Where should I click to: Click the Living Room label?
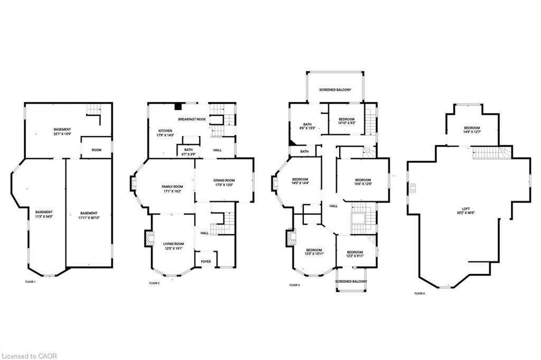tap(173, 246)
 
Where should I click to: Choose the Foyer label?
tap(205, 261)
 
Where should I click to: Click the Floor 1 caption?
tap(31, 282)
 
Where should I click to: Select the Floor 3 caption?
tap(294, 285)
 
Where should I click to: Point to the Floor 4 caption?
tap(419, 293)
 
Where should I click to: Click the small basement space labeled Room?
tap(96, 150)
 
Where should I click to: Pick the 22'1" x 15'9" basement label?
tap(62, 132)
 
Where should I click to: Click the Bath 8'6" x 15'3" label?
tap(307, 126)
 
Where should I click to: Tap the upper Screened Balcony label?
tap(335, 90)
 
